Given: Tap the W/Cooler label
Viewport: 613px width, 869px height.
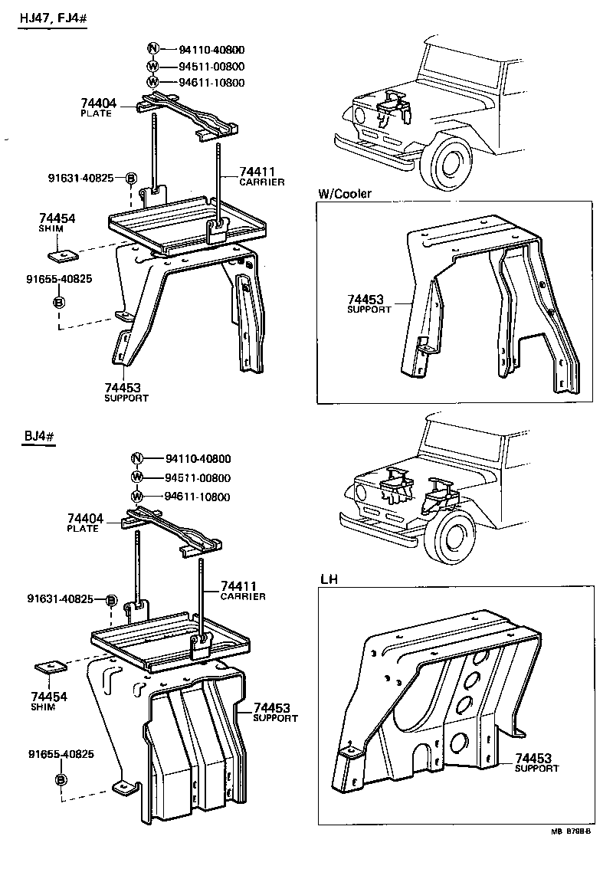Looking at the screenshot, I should tap(344, 194).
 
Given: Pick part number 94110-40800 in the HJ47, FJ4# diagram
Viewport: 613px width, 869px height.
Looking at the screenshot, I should tap(202, 49).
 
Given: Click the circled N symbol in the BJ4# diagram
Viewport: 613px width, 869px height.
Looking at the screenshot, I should tap(137, 459).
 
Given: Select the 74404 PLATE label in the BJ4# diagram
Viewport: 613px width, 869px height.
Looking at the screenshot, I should tap(83, 523).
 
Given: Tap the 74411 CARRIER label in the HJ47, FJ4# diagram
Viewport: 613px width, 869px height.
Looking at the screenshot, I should tap(261, 176).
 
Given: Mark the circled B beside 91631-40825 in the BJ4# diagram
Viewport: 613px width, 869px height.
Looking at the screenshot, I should tap(111, 599).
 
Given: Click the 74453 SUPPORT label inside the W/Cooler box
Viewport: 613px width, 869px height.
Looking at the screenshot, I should tap(369, 303).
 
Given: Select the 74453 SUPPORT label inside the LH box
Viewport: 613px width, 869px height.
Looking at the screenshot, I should tap(536, 762).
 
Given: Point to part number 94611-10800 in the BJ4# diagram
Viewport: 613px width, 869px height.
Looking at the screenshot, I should tap(197, 497).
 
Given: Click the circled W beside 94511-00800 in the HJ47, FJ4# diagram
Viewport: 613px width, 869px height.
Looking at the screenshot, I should tap(152, 66).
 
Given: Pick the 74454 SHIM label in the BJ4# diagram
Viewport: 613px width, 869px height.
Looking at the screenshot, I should tap(49, 700).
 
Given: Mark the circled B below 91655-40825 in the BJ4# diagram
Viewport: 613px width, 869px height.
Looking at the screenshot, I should tap(60, 779).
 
